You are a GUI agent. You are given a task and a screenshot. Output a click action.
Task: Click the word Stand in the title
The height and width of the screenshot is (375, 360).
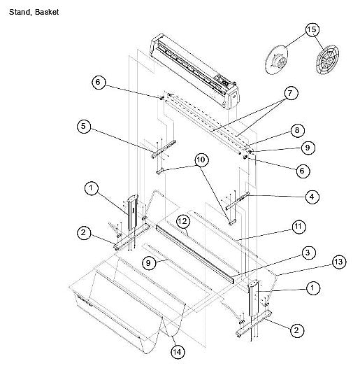pyautogui.click(x=19, y=13)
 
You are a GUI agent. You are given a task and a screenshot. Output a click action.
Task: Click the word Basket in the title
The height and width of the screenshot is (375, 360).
pyautogui.click(x=47, y=13)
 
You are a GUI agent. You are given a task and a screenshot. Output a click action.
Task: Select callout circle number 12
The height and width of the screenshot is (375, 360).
pyautogui.click(x=182, y=221)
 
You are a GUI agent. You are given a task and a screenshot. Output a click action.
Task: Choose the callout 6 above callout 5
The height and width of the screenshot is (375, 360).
pyautogui.click(x=99, y=83)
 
